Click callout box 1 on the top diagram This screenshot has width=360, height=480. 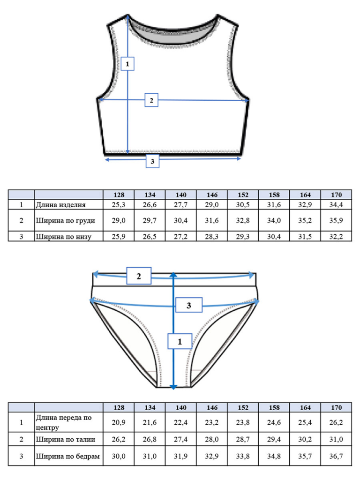(x=127, y=64)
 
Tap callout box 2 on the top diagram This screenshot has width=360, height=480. (x=151, y=100)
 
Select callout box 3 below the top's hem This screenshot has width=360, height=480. (x=152, y=161)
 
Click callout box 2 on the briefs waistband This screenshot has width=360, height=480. (x=139, y=276)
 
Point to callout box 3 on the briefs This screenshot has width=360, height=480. (x=189, y=305)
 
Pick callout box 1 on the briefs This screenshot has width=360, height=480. (x=180, y=341)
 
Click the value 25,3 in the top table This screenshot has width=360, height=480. (x=119, y=205)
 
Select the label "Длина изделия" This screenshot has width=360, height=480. (x=60, y=205)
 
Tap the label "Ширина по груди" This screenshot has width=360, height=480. (x=66, y=220)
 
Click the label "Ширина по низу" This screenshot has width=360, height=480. (x=64, y=237)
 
